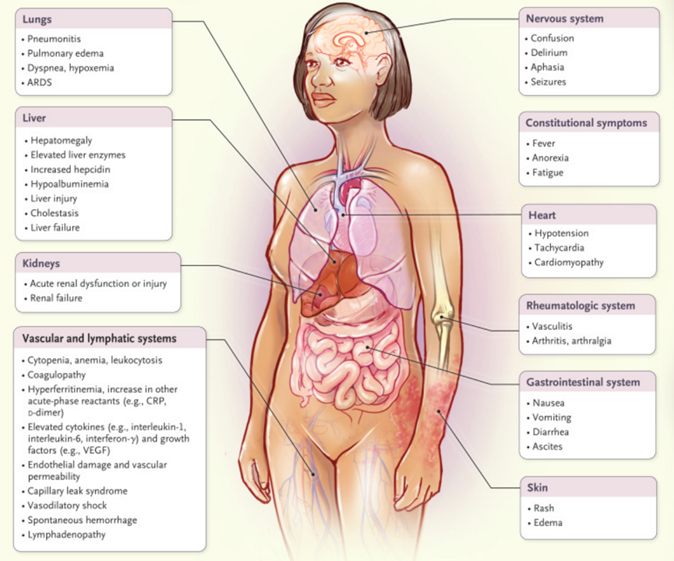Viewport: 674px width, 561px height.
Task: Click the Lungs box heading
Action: pos(38,18)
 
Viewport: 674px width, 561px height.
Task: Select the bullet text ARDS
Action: pos(40,83)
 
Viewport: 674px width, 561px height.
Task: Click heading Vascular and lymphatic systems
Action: pos(99,339)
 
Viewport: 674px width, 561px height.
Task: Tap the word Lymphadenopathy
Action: pos(67,535)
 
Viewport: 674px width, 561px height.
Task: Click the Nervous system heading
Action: pos(564,18)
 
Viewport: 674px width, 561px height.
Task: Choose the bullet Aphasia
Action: pos(549,67)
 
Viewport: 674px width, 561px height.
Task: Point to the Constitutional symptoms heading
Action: pos(586,122)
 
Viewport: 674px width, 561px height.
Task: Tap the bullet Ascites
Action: pos(549,447)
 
